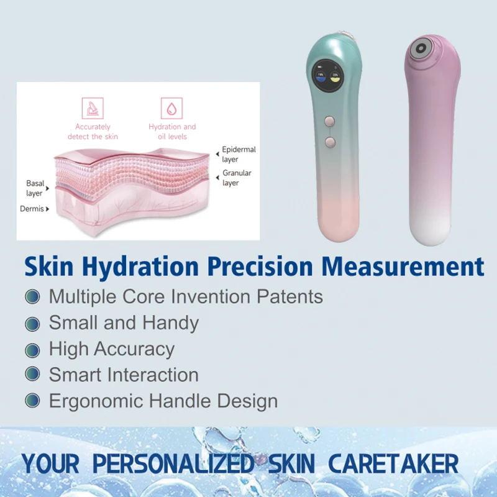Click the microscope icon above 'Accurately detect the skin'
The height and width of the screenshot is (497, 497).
coord(93,108)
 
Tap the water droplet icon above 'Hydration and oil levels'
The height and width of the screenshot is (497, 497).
coord(171,108)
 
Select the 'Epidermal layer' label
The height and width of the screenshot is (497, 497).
coord(239,154)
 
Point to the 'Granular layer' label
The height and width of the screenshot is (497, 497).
coord(237,178)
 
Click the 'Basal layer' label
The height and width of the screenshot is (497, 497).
coord(35,188)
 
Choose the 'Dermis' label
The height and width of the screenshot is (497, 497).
coord(32,209)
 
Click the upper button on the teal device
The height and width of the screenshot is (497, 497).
coord(330,121)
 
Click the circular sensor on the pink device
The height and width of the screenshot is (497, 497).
coord(421,48)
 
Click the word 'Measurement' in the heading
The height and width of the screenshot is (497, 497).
coord(403,267)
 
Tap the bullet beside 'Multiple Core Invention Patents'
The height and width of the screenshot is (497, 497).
coord(32,297)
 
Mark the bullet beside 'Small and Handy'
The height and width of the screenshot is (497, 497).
coord(32,324)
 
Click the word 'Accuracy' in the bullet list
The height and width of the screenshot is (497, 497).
coord(134,350)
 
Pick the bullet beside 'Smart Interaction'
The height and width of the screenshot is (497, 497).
coord(32,374)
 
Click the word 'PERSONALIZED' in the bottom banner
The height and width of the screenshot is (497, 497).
coord(173,463)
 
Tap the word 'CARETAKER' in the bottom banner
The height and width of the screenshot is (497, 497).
coord(393,463)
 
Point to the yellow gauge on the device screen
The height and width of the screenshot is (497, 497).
coord(335,76)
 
